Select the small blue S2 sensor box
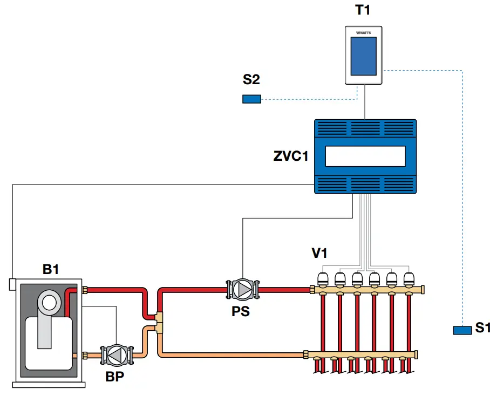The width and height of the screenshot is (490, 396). (x=251, y=99)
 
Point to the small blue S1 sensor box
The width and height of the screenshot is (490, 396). (x=462, y=330)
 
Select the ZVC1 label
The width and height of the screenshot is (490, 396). (x=290, y=157)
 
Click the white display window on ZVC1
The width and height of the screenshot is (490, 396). (x=365, y=157)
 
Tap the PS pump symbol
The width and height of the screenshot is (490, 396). (x=243, y=289)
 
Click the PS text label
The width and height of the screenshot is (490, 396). (x=241, y=312)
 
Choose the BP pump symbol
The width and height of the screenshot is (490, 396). (x=115, y=354)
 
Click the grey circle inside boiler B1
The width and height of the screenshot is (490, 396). (x=49, y=302)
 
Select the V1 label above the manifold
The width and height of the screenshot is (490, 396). (x=319, y=252)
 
